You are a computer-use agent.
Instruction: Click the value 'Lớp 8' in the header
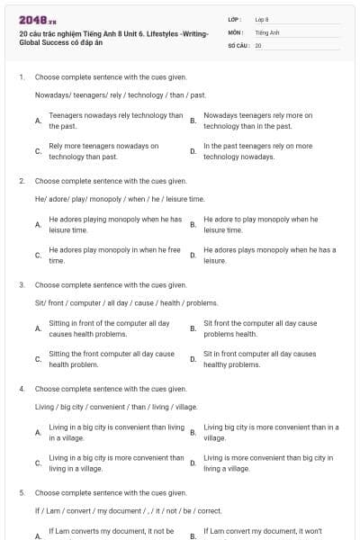[x=261, y=19]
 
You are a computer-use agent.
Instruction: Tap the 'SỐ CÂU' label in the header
[x=238, y=44]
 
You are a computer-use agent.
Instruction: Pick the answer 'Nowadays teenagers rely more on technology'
[x=258, y=121]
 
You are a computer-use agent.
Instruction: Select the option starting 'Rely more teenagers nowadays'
[x=103, y=150]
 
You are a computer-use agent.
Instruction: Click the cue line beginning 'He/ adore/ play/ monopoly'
[x=120, y=198]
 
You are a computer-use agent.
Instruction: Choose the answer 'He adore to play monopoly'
[x=260, y=224]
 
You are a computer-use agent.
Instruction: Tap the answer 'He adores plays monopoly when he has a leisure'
[x=269, y=255]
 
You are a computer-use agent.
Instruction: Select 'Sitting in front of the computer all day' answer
[x=109, y=328]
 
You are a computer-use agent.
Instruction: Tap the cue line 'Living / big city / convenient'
[x=116, y=407]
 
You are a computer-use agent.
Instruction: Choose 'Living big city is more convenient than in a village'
[x=271, y=432]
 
